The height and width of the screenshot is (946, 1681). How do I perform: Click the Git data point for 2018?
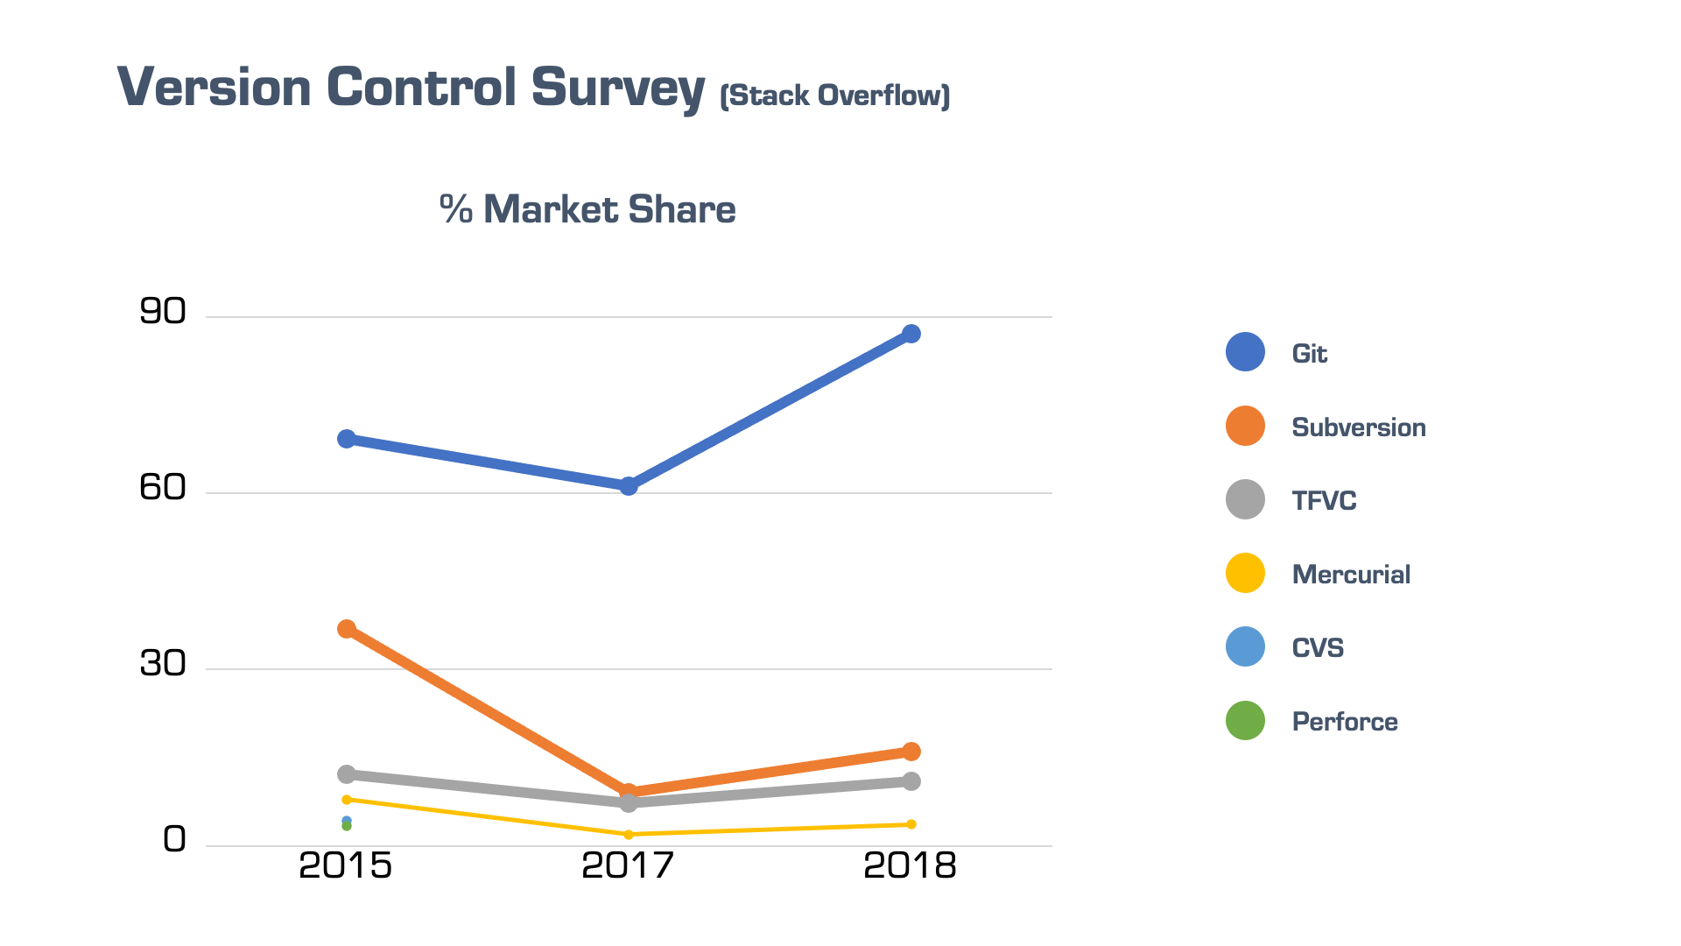point(911,334)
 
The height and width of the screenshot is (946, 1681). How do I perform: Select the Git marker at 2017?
point(629,485)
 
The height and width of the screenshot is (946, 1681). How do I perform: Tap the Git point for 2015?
point(347,439)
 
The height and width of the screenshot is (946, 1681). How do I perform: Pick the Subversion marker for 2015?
point(347,629)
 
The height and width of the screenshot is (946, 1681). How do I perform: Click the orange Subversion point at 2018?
point(911,752)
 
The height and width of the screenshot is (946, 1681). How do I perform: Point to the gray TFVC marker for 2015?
point(347,774)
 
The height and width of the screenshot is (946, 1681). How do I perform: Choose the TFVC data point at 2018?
point(911,781)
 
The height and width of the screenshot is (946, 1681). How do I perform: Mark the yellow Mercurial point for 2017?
point(629,835)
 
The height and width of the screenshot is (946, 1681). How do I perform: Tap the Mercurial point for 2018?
point(911,824)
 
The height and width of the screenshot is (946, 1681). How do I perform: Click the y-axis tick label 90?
point(163,312)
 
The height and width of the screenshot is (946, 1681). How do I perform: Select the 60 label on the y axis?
point(163,488)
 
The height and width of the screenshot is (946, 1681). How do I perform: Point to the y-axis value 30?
point(163,664)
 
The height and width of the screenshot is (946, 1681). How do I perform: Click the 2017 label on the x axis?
point(628,866)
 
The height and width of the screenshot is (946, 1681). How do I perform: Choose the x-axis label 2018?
point(910,866)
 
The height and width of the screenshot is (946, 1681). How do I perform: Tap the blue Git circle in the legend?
point(1245,352)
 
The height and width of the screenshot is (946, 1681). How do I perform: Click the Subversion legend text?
point(1359,427)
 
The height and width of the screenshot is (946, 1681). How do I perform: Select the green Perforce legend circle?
point(1245,721)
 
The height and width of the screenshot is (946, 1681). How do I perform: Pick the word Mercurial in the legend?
point(1351,575)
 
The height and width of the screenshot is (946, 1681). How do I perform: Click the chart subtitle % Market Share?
point(587,209)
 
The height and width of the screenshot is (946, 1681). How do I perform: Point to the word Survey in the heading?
point(617,88)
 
